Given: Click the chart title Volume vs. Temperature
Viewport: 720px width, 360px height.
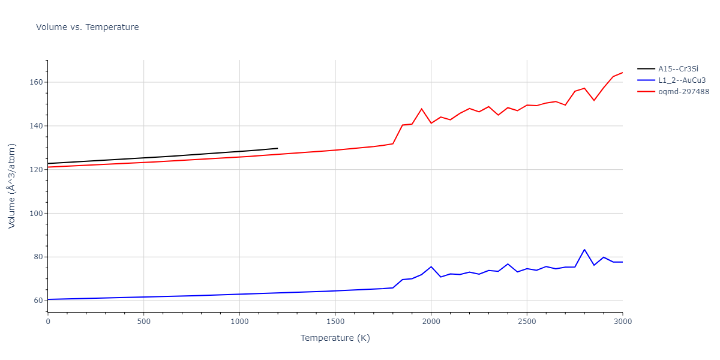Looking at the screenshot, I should [88, 27].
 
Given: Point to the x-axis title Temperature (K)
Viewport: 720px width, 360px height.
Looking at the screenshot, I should [335, 338].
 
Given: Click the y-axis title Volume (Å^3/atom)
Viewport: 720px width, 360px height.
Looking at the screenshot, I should [12, 185].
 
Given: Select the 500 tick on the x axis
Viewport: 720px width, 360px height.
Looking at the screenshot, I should [143, 322].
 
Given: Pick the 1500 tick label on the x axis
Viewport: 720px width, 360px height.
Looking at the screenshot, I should [335, 322].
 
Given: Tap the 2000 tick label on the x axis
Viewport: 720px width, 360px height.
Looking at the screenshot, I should [431, 322].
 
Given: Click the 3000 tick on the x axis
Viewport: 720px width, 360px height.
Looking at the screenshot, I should [622, 322].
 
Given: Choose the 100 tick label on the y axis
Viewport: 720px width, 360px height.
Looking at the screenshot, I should [36, 214].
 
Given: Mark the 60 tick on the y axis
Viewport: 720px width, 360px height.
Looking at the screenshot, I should [38, 301].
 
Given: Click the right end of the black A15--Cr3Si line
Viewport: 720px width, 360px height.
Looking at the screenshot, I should [277, 148].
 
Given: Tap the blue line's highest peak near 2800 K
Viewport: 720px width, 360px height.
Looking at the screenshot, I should [584, 250].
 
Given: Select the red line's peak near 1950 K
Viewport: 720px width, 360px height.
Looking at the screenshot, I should [421, 109].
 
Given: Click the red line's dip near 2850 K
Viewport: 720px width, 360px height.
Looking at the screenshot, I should [594, 100].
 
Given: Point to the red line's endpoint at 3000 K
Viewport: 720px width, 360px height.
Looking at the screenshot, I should [622, 73].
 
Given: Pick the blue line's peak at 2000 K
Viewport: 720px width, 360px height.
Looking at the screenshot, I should [431, 266].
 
